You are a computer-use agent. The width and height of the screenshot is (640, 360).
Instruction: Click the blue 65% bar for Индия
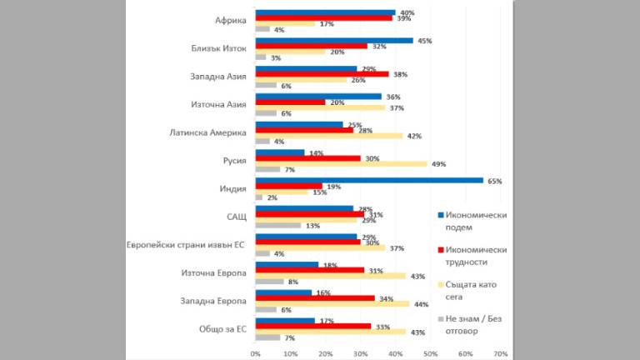click(369, 180)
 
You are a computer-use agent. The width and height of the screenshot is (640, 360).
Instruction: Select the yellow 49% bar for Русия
click(341, 164)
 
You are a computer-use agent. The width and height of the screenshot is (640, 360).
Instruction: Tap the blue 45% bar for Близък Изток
click(333, 40)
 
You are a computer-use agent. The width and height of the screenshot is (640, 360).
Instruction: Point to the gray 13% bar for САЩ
click(277, 225)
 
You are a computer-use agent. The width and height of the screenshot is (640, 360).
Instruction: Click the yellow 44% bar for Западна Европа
click(332, 304)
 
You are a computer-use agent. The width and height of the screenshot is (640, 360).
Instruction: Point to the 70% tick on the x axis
click(500, 353)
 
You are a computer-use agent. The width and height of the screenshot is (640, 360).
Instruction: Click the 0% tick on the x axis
click(255, 353)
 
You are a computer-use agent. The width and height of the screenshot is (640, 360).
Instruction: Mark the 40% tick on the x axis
click(395, 353)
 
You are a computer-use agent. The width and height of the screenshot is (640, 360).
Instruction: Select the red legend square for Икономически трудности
click(441, 250)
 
